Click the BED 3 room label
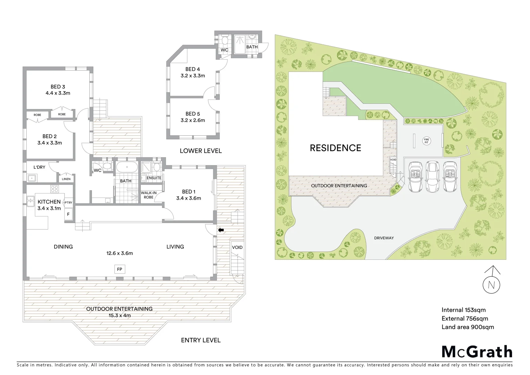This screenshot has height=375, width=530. pyautogui.click(x=58, y=87)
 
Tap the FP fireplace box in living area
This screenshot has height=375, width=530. pyautogui.click(x=120, y=269)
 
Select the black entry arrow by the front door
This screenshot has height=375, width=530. pyautogui.click(x=221, y=230)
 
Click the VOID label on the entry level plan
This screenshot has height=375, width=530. pyautogui.click(x=237, y=248)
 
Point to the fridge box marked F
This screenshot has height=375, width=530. pyautogui.click(x=68, y=215)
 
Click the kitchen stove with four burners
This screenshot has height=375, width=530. pyautogui.click(x=55, y=189)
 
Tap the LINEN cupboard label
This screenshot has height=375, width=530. pyautogui.click(x=66, y=179)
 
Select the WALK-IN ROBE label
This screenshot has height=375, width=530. pyautogui.click(x=148, y=195)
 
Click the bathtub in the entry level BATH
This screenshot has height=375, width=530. pyautogui.click(x=126, y=168)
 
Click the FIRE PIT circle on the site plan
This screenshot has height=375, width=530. pyautogui.click(x=426, y=141)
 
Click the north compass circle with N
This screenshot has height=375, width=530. pyautogui.click(x=491, y=285)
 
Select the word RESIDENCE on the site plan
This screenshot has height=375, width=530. pyautogui.click(x=335, y=148)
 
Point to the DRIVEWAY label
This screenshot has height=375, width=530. pyautogui.click(x=384, y=238)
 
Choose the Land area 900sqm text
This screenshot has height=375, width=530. pyautogui.click(x=468, y=327)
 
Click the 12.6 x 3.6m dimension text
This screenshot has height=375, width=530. pyautogui.click(x=120, y=253)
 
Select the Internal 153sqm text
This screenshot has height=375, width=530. pyautogui.click(x=463, y=310)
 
